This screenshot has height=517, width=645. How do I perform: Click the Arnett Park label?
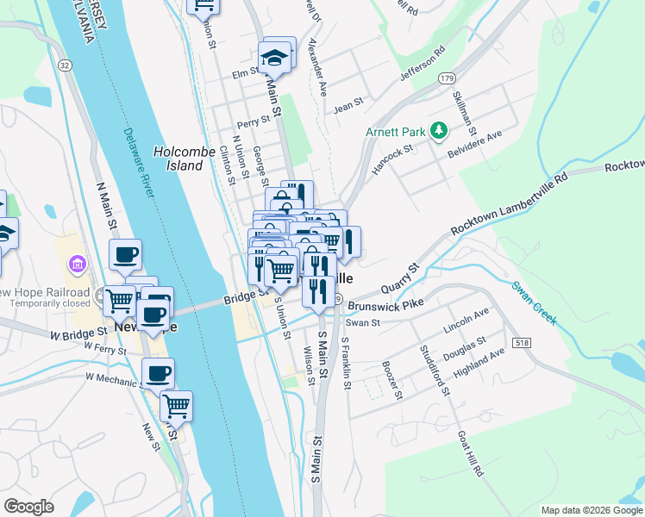pyautogui.click(x=396, y=133)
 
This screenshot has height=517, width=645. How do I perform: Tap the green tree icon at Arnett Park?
pyautogui.click(x=440, y=130)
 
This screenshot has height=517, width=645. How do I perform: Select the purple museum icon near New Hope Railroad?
pyautogui.click(x=76, y=263)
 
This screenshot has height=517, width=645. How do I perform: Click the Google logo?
pyautogui.click(x=28, y=507)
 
